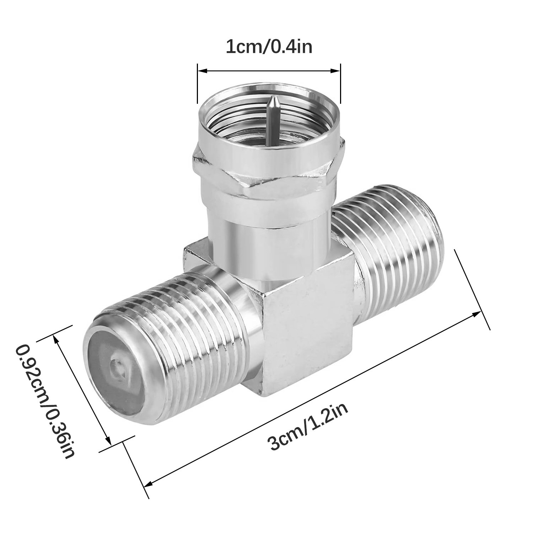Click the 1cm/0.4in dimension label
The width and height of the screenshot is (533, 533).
(269, 47)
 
